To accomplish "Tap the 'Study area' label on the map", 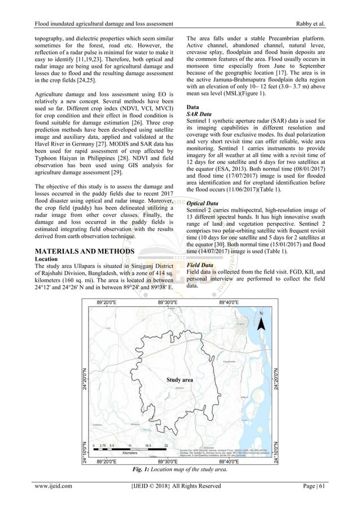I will click(179, 380).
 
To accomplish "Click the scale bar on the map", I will click(130, 449).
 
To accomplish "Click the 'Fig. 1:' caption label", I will click(132, 470).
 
